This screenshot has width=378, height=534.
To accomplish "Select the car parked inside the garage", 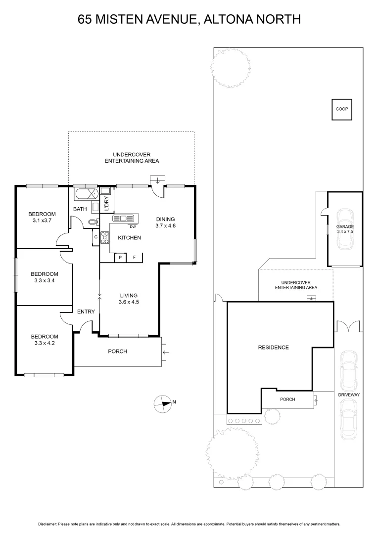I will tap(345, 230).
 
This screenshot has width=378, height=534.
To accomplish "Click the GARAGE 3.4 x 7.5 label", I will tap(345, 228).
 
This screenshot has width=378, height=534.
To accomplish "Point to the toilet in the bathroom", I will tap(92, 222).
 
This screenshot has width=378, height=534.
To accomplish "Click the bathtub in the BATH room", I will tap(86, 193).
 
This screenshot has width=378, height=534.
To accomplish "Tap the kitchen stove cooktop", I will tap(104, 238).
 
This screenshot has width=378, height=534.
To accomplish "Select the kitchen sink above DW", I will tap(123, 218).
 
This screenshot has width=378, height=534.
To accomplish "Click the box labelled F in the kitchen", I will tap(134, 258).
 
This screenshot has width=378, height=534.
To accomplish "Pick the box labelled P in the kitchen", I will tap(120, 258).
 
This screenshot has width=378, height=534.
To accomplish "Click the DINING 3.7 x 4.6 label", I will tap(166, 222).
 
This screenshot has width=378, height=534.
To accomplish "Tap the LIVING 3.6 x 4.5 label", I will tap(128, 299).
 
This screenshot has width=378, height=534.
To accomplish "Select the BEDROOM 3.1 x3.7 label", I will tap(42, 217).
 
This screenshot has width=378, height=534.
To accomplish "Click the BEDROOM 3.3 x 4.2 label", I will tap(45, 339).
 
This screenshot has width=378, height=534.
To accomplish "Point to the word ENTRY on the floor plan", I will tap(86, 311).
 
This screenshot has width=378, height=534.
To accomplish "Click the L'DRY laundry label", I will tap(105, 204).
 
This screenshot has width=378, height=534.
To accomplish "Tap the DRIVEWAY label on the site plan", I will tap(348, 395).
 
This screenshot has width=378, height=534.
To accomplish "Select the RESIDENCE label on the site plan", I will tap(273, 347).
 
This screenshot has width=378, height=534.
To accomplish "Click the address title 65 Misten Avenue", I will tap(189, 19).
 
